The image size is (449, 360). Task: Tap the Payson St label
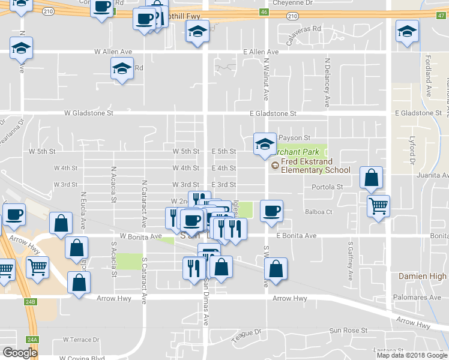(292, 138)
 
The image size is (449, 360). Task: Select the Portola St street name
(327, 187)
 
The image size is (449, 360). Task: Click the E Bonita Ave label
(296, 236)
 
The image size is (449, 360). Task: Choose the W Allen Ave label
(113, 52)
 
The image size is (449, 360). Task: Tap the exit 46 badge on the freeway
(264, 11)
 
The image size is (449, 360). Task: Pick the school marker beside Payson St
(264, 144)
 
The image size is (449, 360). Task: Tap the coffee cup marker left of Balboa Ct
(271, 211)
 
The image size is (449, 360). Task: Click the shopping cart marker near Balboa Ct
(378, 206)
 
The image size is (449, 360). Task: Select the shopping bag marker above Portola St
(372, 178)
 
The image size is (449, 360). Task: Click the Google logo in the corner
(20, 353)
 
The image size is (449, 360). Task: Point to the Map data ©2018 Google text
(412, 355)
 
